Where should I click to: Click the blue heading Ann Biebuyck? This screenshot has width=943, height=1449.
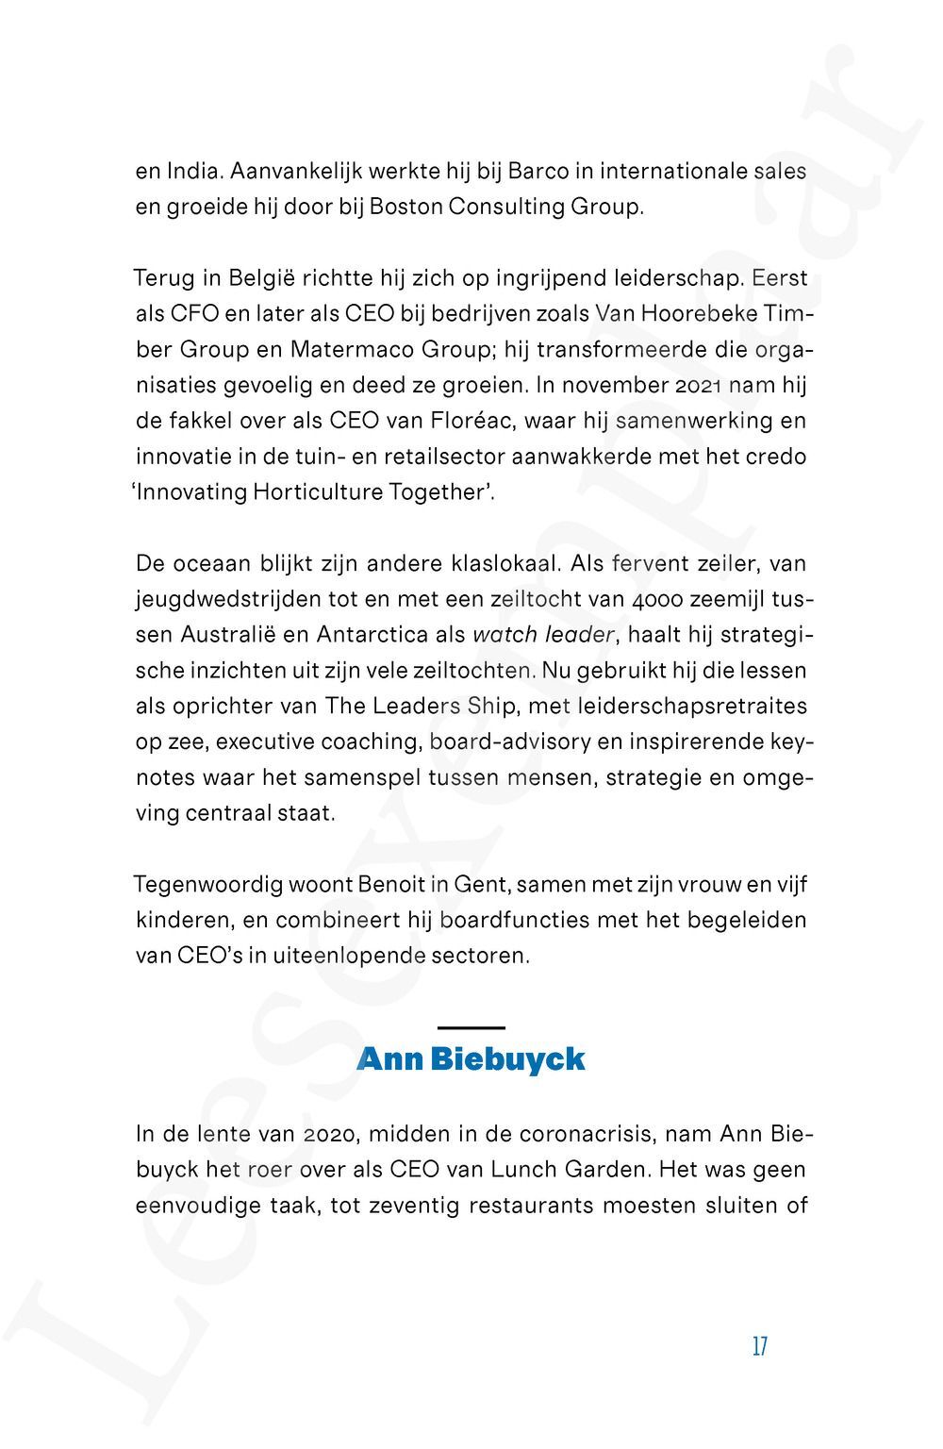tap(471, 1059)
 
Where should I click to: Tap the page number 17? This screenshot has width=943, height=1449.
tap(760, 1346)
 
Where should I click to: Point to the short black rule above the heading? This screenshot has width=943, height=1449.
tap(471, 1026)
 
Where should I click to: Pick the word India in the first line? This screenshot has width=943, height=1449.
tap(194, 172)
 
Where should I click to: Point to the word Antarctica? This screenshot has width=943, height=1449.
tap(372, 635)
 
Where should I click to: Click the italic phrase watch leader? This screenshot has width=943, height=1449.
tap(543, 635)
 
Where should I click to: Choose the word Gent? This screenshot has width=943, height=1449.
tap(481, 885)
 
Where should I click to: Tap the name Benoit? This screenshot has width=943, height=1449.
tap(395, 885)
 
